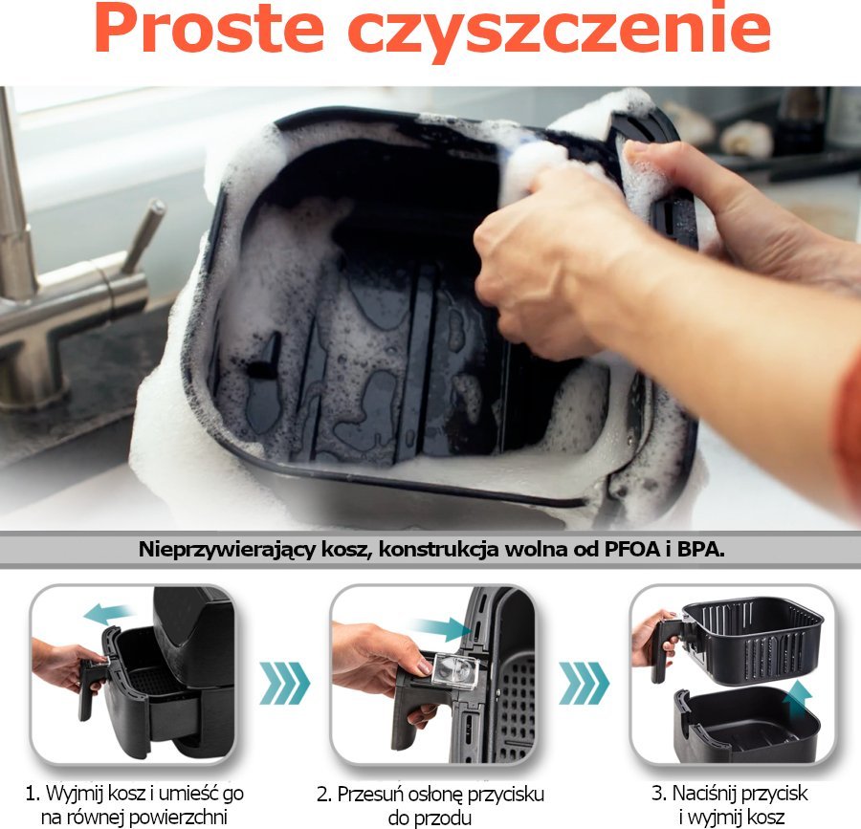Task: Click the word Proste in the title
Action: (x=209, y=29)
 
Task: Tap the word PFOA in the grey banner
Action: (x=632, y=549)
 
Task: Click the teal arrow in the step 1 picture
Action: (x=109, y=613)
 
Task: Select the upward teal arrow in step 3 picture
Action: (x=797, y=698)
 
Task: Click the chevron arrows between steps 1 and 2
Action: (x=284, y=683)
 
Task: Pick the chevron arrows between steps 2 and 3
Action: (x=584, y=683)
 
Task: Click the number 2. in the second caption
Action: (x=324, y=795)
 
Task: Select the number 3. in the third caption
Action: (x=659, y=794)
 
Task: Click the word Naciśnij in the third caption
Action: (x=703, y=795)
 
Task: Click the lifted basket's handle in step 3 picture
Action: (x=666, y=647)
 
